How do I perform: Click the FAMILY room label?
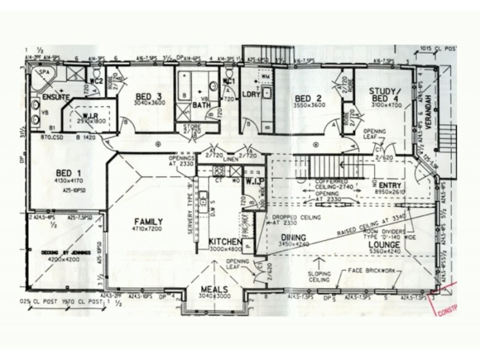pos(148,221)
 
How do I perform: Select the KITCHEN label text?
pos(225,242)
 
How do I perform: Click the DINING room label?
pos(293,238)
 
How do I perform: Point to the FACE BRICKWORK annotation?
pos(372,271)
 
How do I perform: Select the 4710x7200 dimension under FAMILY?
pos(148,229)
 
